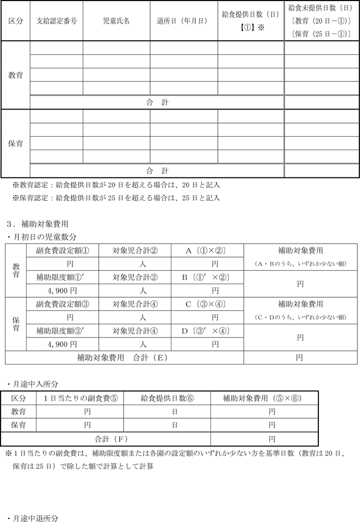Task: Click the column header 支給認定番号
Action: point(57,21)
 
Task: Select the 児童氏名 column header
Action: point(116,21)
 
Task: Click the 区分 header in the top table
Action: point(15,21)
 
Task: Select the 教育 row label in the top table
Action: point(15,75)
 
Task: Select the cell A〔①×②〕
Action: point(207,250)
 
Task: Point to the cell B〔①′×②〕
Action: point(207,277)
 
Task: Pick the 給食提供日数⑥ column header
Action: point(167,398)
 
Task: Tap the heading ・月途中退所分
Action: point(34,518)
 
